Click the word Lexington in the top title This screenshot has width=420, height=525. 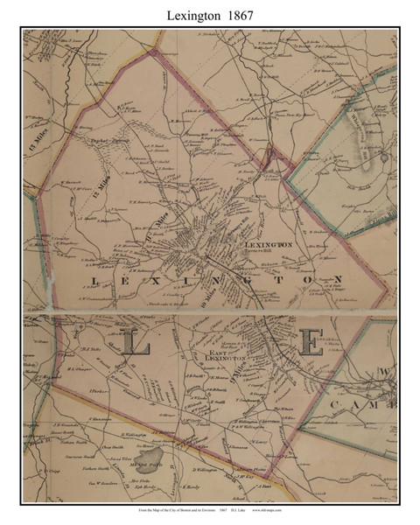pyautogui.click(x=188, y=13)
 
